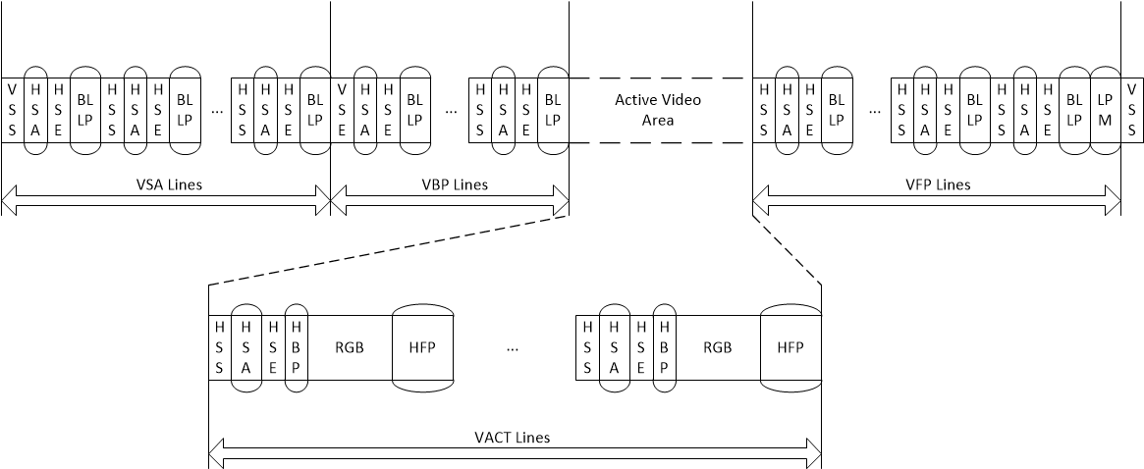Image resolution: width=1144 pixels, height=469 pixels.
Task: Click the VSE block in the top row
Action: point(341,110)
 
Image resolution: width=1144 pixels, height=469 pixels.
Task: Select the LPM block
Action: point(1105,110)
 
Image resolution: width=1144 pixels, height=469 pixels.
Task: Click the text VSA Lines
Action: point(169,183)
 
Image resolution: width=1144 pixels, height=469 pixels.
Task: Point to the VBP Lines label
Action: point(449,183)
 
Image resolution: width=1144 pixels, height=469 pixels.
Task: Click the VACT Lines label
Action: point(516,437)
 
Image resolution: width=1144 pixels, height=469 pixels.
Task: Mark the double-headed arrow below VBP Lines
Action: point(450,202)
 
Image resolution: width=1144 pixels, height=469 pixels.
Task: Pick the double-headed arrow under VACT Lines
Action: point(516,457)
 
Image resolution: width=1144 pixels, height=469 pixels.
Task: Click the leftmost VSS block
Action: point(13,110)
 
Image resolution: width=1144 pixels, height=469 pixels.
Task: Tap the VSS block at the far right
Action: point(1132,110)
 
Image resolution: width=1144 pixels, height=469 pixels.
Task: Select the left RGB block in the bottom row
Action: point(350,347)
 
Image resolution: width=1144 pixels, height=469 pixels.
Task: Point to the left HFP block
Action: point(422,347)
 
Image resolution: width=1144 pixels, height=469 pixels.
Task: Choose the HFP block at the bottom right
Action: point(790,347)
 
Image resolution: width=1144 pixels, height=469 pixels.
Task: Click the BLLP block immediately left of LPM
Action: point(1074,110)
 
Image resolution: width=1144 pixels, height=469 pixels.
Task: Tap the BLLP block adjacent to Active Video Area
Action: point(553,110)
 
